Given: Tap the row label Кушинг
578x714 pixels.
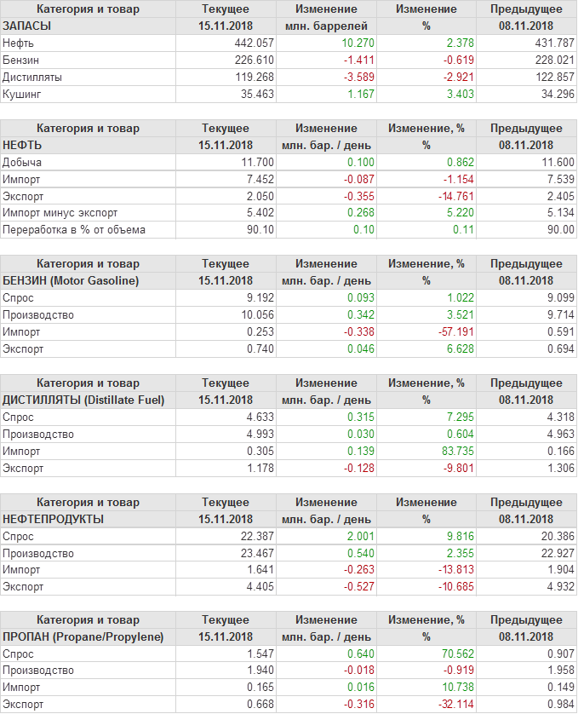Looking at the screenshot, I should tap(22, 94).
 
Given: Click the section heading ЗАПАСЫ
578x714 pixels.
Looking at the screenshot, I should tap(27, 26).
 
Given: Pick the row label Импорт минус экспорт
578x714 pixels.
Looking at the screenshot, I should tap(60, 212).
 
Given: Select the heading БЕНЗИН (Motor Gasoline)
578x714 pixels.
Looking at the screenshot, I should tap(72, 280).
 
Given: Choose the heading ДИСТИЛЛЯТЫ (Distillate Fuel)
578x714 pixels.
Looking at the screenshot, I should tap(83, 400).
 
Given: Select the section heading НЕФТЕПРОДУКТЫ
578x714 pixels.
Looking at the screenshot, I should tap(54, 519).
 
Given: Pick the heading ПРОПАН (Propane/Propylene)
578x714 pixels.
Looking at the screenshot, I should tap(83, 636).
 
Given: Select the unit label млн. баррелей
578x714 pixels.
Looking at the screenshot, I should tap(326, 26).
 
